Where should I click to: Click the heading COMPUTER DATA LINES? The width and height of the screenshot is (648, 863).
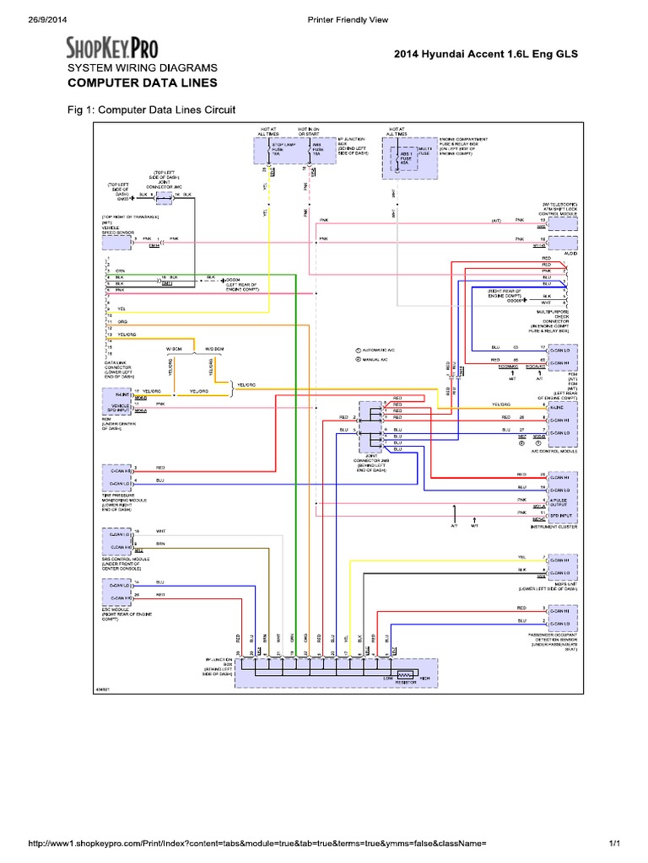(142, 83)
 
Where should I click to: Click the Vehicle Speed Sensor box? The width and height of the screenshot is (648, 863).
(116, 244)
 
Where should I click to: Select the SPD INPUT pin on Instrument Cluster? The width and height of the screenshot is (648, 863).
(561, 515)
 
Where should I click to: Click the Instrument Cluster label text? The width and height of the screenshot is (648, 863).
(553, 525)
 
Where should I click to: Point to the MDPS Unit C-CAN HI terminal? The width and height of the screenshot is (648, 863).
(561, 560)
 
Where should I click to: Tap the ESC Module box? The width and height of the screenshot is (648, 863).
(116, 593)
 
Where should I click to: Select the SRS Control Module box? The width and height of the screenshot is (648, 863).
(116, 540)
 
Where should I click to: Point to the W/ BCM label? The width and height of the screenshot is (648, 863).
(175, 348)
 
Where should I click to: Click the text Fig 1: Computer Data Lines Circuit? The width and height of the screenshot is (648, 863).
(151, 110)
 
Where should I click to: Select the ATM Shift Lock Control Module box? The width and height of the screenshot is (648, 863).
(560, 220)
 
